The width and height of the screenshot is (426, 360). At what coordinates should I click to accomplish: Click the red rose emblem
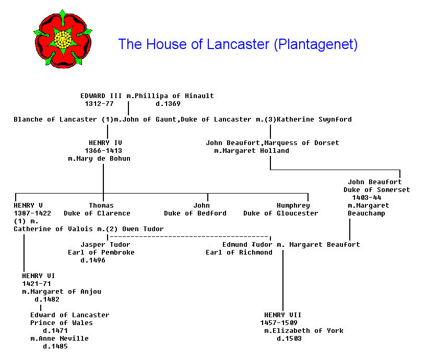click(62, 39)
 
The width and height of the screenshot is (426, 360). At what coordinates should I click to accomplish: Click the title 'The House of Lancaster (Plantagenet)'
click(238, 44)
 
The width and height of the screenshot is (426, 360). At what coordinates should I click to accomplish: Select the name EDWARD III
click(101, 96)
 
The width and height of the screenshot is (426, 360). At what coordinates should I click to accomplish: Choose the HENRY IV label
click(105, 142)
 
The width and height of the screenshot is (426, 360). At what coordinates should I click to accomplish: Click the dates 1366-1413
click(103, 150)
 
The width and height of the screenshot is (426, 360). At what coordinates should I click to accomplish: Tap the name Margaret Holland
click(255, 151)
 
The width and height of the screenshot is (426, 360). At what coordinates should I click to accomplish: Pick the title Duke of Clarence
click(97, 213)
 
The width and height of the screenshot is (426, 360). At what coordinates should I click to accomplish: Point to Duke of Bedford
click(195, 213)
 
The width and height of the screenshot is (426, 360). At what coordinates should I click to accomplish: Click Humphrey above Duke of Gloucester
click(293, 206)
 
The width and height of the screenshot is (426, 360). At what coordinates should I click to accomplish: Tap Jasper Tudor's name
click(105, 245)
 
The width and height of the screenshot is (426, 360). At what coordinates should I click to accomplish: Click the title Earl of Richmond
click(239, 253)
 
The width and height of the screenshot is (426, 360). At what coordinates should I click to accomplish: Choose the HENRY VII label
click(282, 315)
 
